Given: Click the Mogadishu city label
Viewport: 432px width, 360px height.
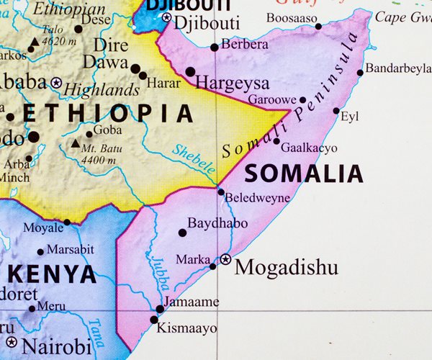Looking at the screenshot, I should (x=286, y=268).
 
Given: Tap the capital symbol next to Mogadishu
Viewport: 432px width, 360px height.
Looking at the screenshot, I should (x=225, y=258).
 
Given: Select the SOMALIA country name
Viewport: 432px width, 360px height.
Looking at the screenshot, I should (x=304, y=174).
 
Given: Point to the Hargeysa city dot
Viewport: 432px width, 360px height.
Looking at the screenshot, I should (x=190, y=72).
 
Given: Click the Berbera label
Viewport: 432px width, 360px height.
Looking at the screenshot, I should (x=244, y=45).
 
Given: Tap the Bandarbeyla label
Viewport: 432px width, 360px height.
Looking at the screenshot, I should (x=398, y=70).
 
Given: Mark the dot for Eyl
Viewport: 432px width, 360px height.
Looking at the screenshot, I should (x=336, y=111).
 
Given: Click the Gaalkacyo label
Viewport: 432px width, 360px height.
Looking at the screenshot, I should (x=308, y=148).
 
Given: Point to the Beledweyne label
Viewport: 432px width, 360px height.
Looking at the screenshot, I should (x=257, y=197).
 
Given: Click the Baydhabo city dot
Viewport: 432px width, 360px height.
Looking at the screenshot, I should (x=182, y=233).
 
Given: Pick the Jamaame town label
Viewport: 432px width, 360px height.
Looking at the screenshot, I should (x=192, y=302).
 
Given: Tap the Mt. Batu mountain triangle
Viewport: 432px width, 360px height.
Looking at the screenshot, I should (x=76, y=143).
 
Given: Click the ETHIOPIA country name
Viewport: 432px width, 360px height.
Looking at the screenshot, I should (x=108, y=113).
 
